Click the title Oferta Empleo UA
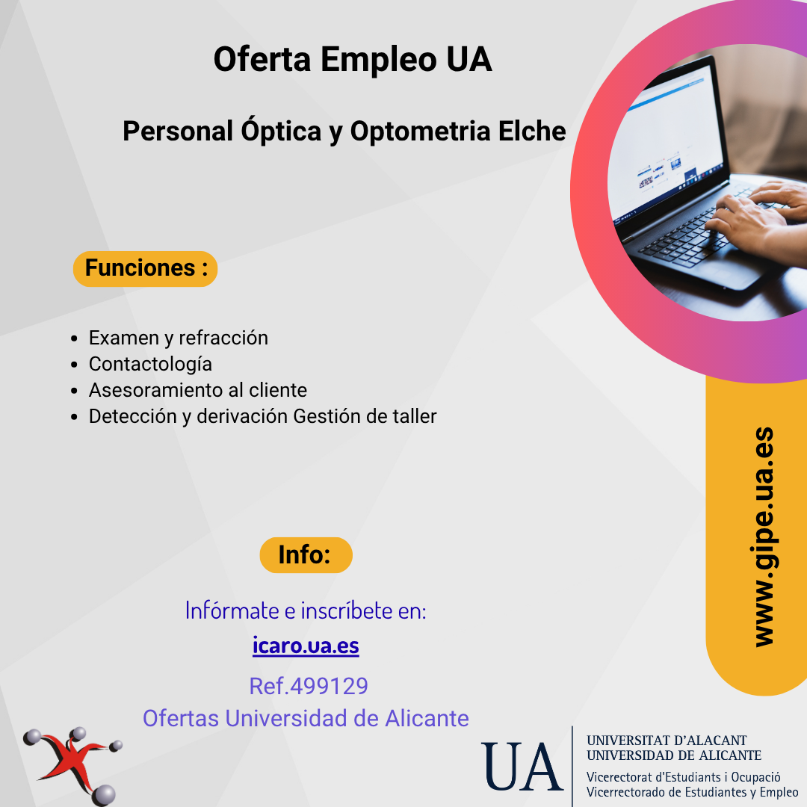point(353,59)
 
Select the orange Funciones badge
point(145,269)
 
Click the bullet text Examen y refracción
point(178,338)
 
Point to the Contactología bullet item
point(150,365)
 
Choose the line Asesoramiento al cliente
point(197,390)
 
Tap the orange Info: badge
point(306,554)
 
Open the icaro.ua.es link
point(306,646)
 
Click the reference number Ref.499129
point(309,686)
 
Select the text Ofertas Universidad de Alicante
point(306,718)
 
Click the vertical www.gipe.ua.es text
point(764,537)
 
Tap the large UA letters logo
point(521,766)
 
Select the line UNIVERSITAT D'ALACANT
point(667,740)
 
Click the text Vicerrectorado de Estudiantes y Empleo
point(692,791)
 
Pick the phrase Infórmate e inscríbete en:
point(306,610)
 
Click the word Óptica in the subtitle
point(281,130)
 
